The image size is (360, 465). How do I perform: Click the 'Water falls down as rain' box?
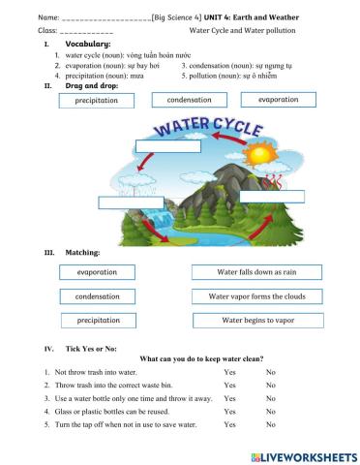[x=256, y=273]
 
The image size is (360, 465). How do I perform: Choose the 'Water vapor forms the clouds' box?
[x=256, y=296]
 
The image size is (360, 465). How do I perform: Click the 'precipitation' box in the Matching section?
[x=98, y=320]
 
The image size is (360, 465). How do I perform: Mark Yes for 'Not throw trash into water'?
[x=229, y=372]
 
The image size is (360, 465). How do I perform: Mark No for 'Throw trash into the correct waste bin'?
[x=271, y=385]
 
